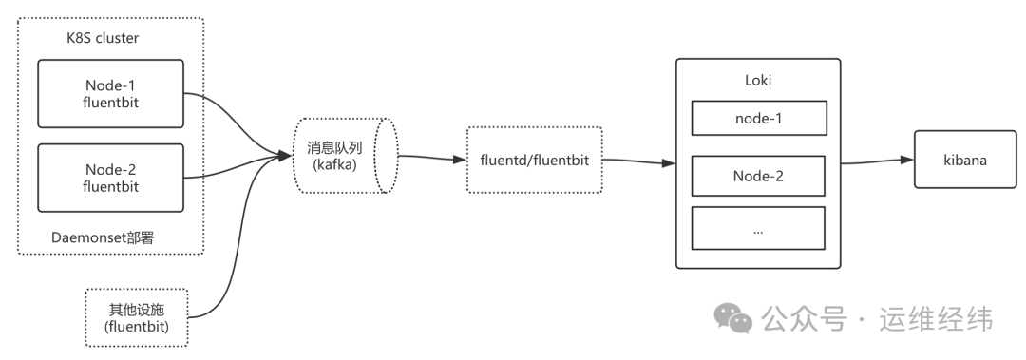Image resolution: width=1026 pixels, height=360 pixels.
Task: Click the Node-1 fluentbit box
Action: pyautogui.click(x=110, y=93)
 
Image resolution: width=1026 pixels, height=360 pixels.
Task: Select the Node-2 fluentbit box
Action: pyautogui.click(x=110, y=178)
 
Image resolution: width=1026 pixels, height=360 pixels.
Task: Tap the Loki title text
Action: pyautogui.click(x=758, y=81)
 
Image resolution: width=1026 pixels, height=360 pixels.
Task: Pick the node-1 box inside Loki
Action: pyautogui.click(x=758, y=119)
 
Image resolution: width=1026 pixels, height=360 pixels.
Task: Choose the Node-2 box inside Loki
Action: pyautogui.click(x=758, y=176)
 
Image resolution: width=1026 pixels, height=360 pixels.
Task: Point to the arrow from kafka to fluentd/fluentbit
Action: pyautogui.click(x=432, y=158)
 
